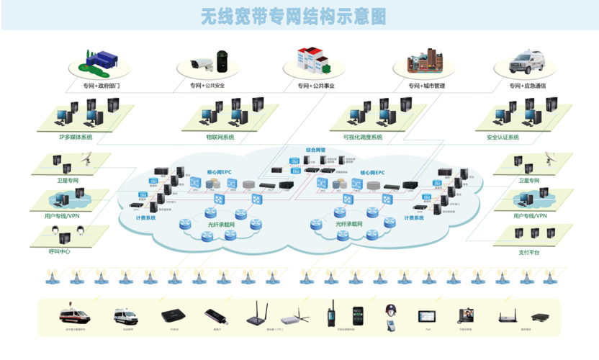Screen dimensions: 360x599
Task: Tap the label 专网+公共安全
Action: coord(207,86)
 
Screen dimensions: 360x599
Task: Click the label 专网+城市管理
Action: coord(426,86)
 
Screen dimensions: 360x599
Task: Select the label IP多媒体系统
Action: coord(76,137)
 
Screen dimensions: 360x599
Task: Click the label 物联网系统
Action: coord(220,137)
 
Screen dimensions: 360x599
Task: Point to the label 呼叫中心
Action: coord(60,251)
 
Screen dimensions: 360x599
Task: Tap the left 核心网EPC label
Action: coord(220,173)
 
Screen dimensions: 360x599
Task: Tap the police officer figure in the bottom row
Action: coord(392,315)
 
